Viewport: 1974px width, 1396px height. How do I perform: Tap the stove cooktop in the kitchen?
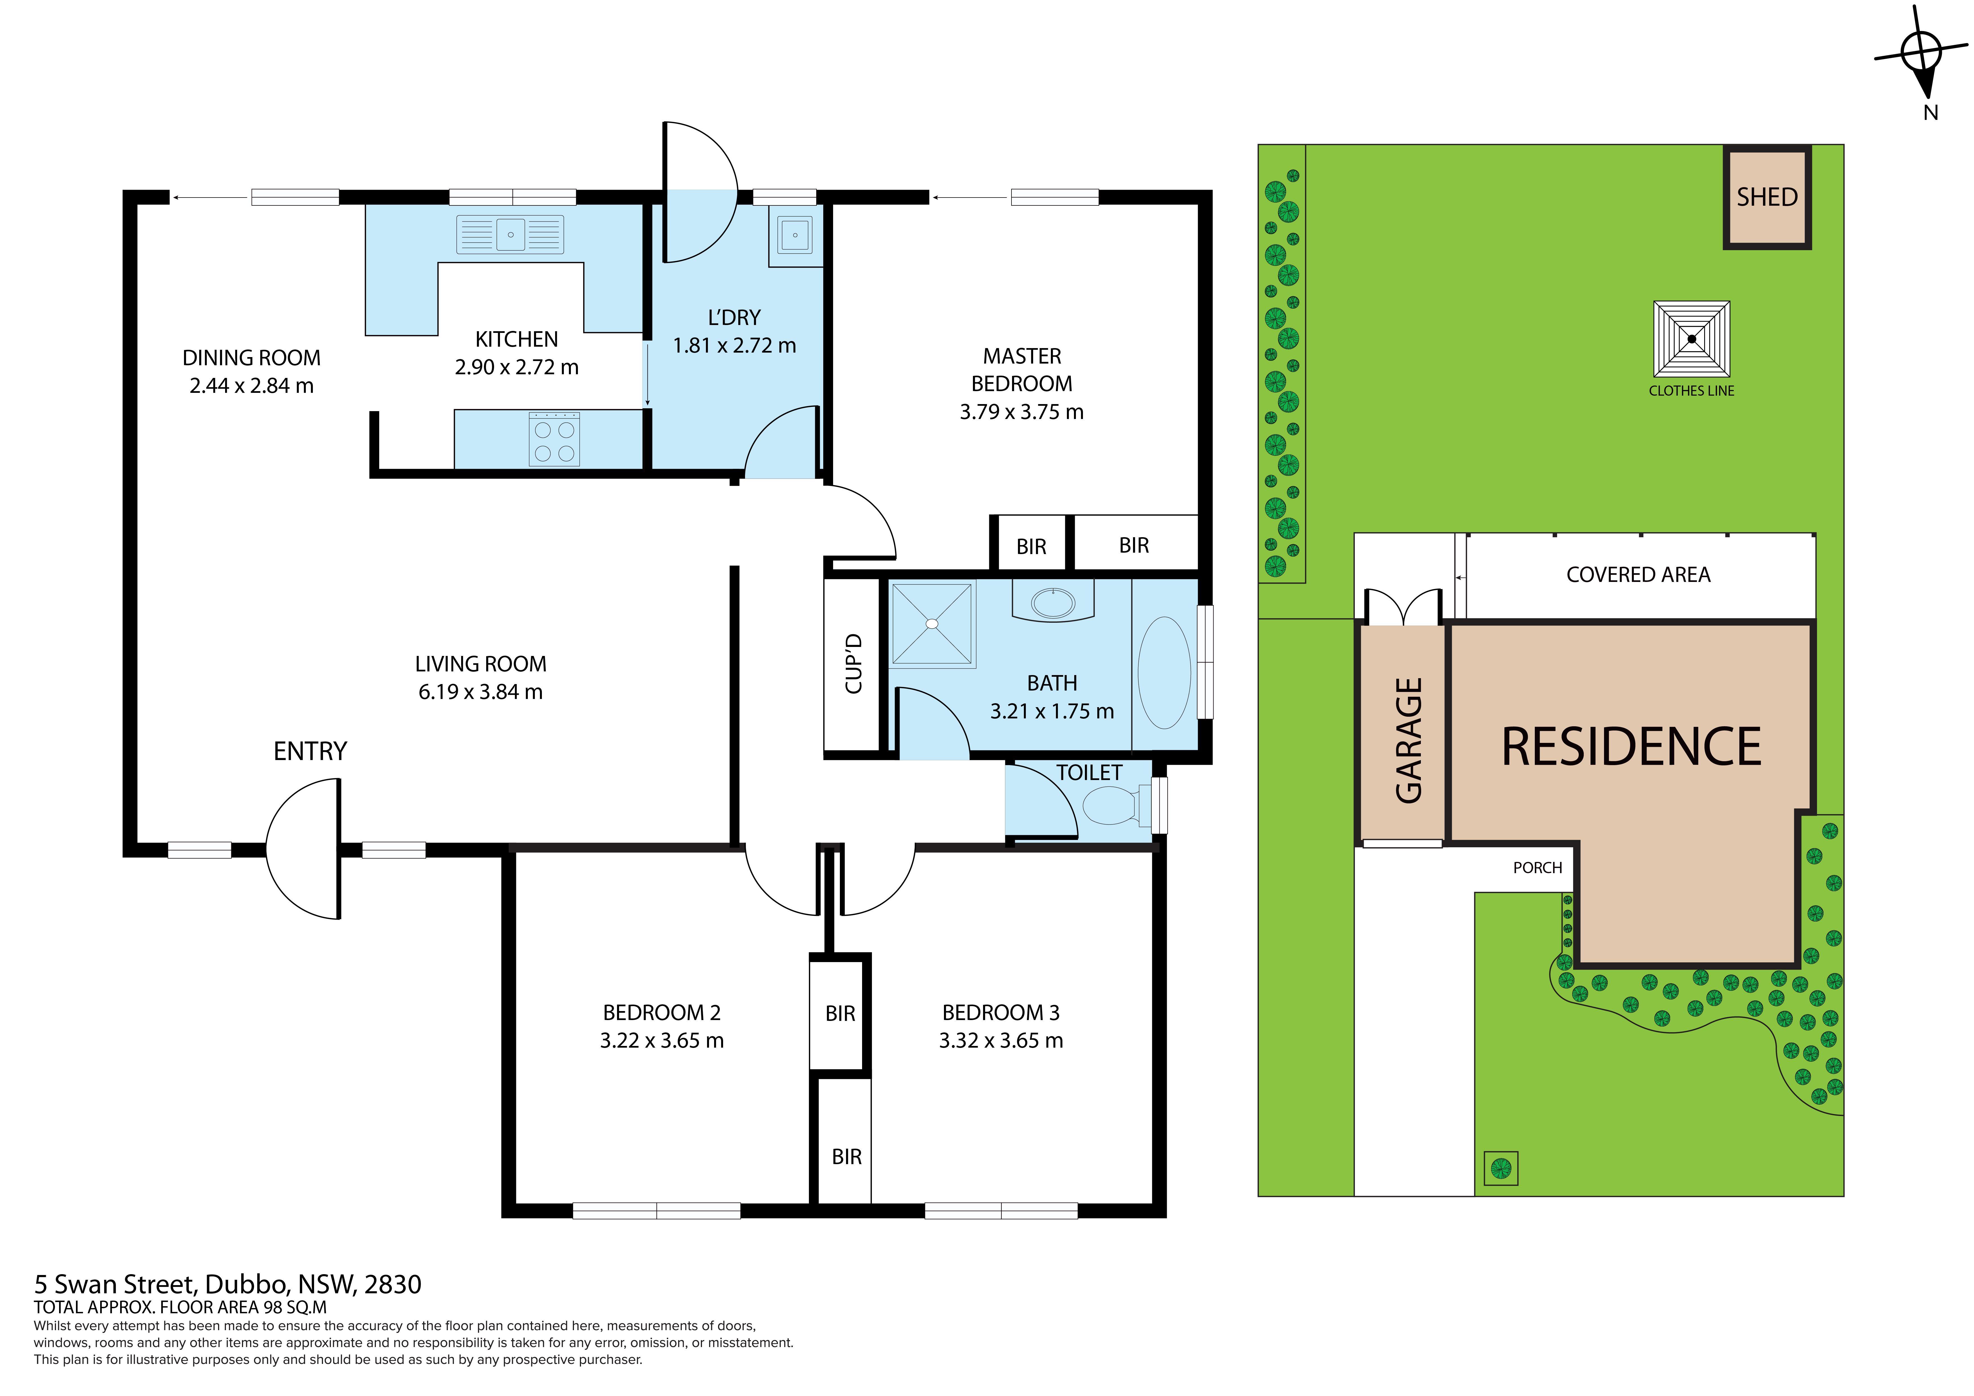point(555,439)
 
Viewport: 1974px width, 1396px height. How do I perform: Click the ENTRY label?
point(310,752)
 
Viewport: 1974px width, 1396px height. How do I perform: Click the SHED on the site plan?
point(1768,197)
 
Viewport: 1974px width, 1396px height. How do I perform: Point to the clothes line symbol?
point(1692,339)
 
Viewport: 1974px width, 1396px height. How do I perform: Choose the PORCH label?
point(1537,868)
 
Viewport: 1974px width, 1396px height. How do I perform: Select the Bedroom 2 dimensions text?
point(662,1041)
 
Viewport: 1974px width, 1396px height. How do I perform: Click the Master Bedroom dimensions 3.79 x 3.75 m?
point(1021,412)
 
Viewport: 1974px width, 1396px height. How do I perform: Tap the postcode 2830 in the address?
point(393,1285)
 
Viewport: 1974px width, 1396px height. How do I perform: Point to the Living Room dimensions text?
point(481,693)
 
